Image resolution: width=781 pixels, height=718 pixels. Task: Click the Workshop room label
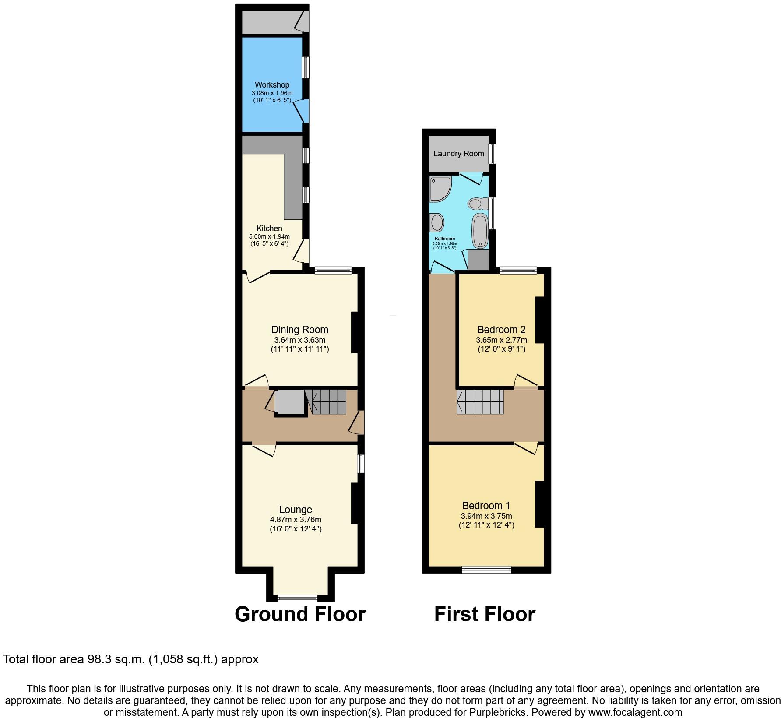[x=272, y=85]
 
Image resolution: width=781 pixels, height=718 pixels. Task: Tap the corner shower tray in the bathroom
[x=439, y=188]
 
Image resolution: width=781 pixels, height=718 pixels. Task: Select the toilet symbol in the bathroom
[x=478, y=203]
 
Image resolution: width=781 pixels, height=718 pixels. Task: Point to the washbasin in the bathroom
[x=437, y=222]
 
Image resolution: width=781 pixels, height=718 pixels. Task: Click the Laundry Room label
[x=458, y=154]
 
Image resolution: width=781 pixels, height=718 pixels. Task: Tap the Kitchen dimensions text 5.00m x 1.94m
[x=269, y=236]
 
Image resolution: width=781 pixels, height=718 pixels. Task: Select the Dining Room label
[x=299, y=330]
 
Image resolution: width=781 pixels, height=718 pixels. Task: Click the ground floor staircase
[x=328, y=401]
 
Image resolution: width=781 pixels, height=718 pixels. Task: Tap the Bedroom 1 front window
[x=486, y=570]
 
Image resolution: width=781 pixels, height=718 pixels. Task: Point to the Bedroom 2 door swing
[x=525, y=381]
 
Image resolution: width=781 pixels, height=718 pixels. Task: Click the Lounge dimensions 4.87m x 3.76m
[x=296, y=520]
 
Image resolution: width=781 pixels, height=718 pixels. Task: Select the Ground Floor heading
[x=300, y=614]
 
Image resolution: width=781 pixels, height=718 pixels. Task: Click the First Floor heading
[x=484, y=614]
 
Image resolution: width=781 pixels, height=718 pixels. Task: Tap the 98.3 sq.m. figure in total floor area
[x=114, y=659]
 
